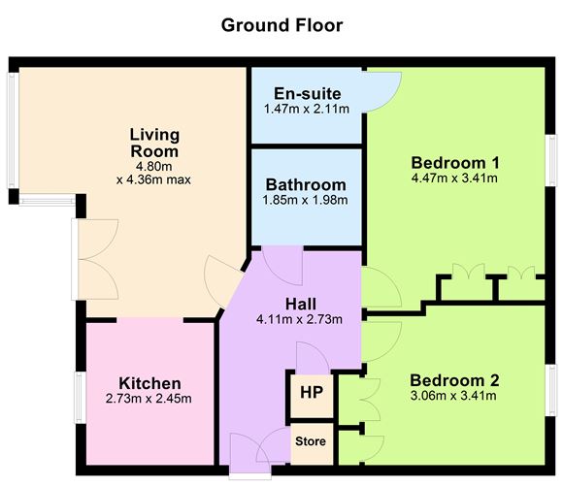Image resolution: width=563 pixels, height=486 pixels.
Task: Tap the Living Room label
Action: click(x=154, y=143)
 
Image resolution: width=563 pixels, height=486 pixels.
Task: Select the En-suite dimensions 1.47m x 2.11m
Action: click(x=307, y=110)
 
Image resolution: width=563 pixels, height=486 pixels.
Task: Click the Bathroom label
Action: click(x=306, y=184)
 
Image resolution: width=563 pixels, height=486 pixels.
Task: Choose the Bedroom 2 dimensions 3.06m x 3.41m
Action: click(x=453, y=395)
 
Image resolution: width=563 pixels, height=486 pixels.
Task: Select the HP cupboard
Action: click(x=311, y=393)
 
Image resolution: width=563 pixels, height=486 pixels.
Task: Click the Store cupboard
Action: click(x=311, y=441)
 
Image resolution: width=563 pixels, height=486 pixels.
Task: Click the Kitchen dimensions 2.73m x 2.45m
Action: click(x=149, y=399)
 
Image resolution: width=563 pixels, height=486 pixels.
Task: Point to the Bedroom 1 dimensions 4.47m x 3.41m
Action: click(x=454, y=178)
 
